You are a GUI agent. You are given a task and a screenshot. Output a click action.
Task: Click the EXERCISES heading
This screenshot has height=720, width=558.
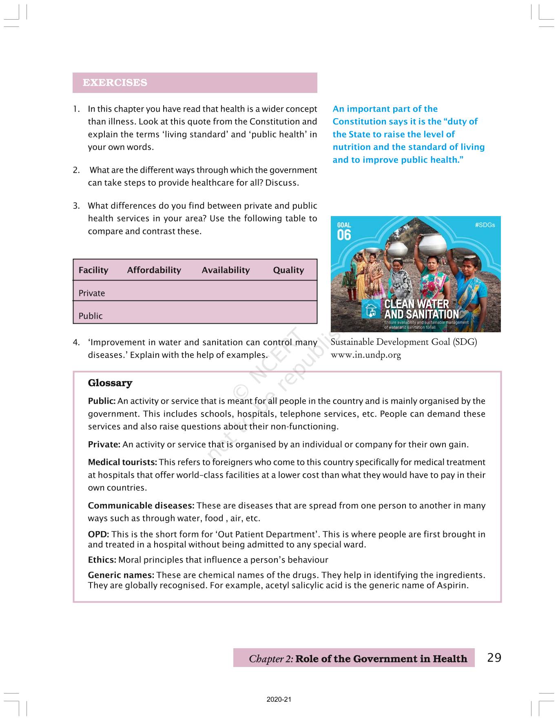click(x=115, y=82)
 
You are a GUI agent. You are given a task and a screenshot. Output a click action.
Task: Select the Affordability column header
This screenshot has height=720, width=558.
click(x=154, y=270)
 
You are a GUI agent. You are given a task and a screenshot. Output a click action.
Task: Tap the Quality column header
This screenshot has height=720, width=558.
click(x=288, y=270)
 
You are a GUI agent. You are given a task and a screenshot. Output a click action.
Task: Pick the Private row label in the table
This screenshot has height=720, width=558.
click(x=92, y=293)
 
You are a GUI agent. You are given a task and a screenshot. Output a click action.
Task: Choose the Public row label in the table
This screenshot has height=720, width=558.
click(x=91, y=316)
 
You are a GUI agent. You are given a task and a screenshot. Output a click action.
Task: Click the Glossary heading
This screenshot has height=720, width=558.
click(x=110, y=383)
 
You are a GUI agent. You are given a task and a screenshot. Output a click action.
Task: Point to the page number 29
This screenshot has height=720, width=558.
click(x=494, y=658)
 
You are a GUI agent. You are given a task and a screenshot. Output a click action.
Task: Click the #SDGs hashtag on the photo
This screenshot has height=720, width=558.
click(x=485, y=225)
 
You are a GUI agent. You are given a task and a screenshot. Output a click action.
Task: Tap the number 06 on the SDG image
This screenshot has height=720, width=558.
click(x=344, y=235)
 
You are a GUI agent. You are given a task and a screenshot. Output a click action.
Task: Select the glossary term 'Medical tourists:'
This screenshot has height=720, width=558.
click(x=122, y=462)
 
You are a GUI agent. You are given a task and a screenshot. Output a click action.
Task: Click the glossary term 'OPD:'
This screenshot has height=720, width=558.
click(x=98, y=534)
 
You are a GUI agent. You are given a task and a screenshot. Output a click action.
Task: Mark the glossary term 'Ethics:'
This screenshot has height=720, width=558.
click(x=102, y=560)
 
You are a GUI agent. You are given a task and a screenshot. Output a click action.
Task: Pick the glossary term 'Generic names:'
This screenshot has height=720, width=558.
click(x=121, y=575)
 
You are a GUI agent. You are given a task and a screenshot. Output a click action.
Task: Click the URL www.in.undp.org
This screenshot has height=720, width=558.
click(x=366, y=355)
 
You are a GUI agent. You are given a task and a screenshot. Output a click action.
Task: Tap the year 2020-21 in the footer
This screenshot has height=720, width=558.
click(x=279, y=700)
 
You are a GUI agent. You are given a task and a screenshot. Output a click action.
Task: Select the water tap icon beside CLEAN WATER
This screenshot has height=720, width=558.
click(x=371, y=309)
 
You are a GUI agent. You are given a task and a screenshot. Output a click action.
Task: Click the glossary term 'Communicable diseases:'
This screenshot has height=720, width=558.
click(x=141, y=506)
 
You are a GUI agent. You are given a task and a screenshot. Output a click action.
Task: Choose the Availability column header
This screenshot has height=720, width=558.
click(x=226, y=270)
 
